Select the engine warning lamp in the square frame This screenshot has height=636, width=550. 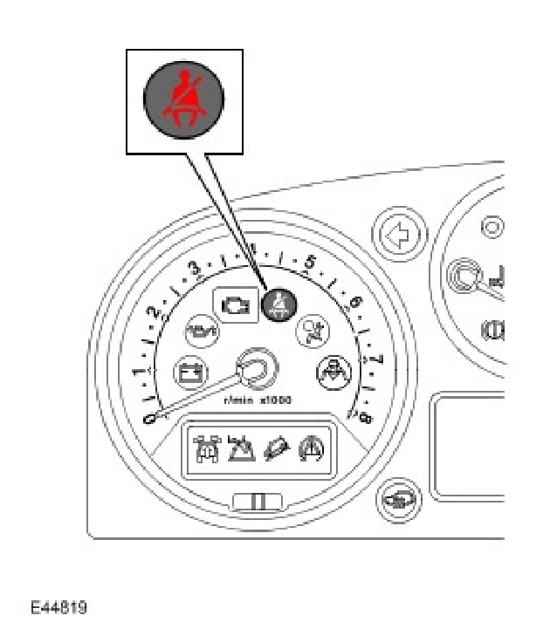(236, 306)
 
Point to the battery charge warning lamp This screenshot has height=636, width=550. (188, 372)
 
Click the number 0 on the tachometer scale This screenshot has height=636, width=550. (149, 420)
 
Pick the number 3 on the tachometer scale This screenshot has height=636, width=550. (194, 268)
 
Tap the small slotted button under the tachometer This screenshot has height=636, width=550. (257, 501)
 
